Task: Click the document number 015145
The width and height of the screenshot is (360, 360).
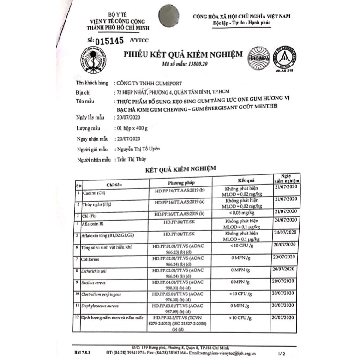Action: coord(109,40)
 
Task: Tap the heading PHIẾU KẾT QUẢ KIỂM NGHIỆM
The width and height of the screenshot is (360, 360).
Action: coord(182,54)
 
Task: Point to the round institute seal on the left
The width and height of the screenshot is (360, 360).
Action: coord(96,60)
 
